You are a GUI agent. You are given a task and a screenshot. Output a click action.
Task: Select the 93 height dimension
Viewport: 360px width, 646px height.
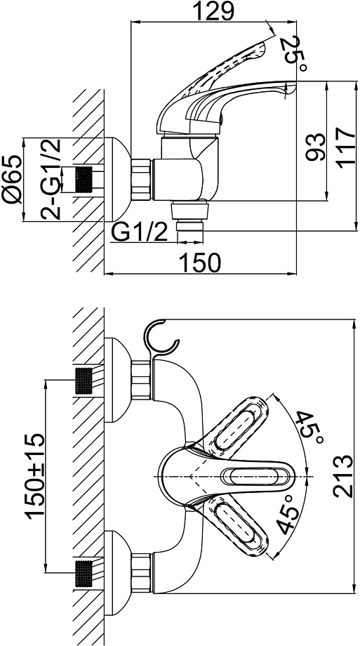click(x=316, y=147)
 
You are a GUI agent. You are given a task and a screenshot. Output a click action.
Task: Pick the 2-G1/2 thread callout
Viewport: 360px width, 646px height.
click(x=51, y=179)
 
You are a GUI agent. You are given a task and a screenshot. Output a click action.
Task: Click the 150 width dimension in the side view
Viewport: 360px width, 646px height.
click(x=201, y=263)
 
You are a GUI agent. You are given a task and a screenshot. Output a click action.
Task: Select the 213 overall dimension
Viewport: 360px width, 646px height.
click(x=343, y=476)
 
